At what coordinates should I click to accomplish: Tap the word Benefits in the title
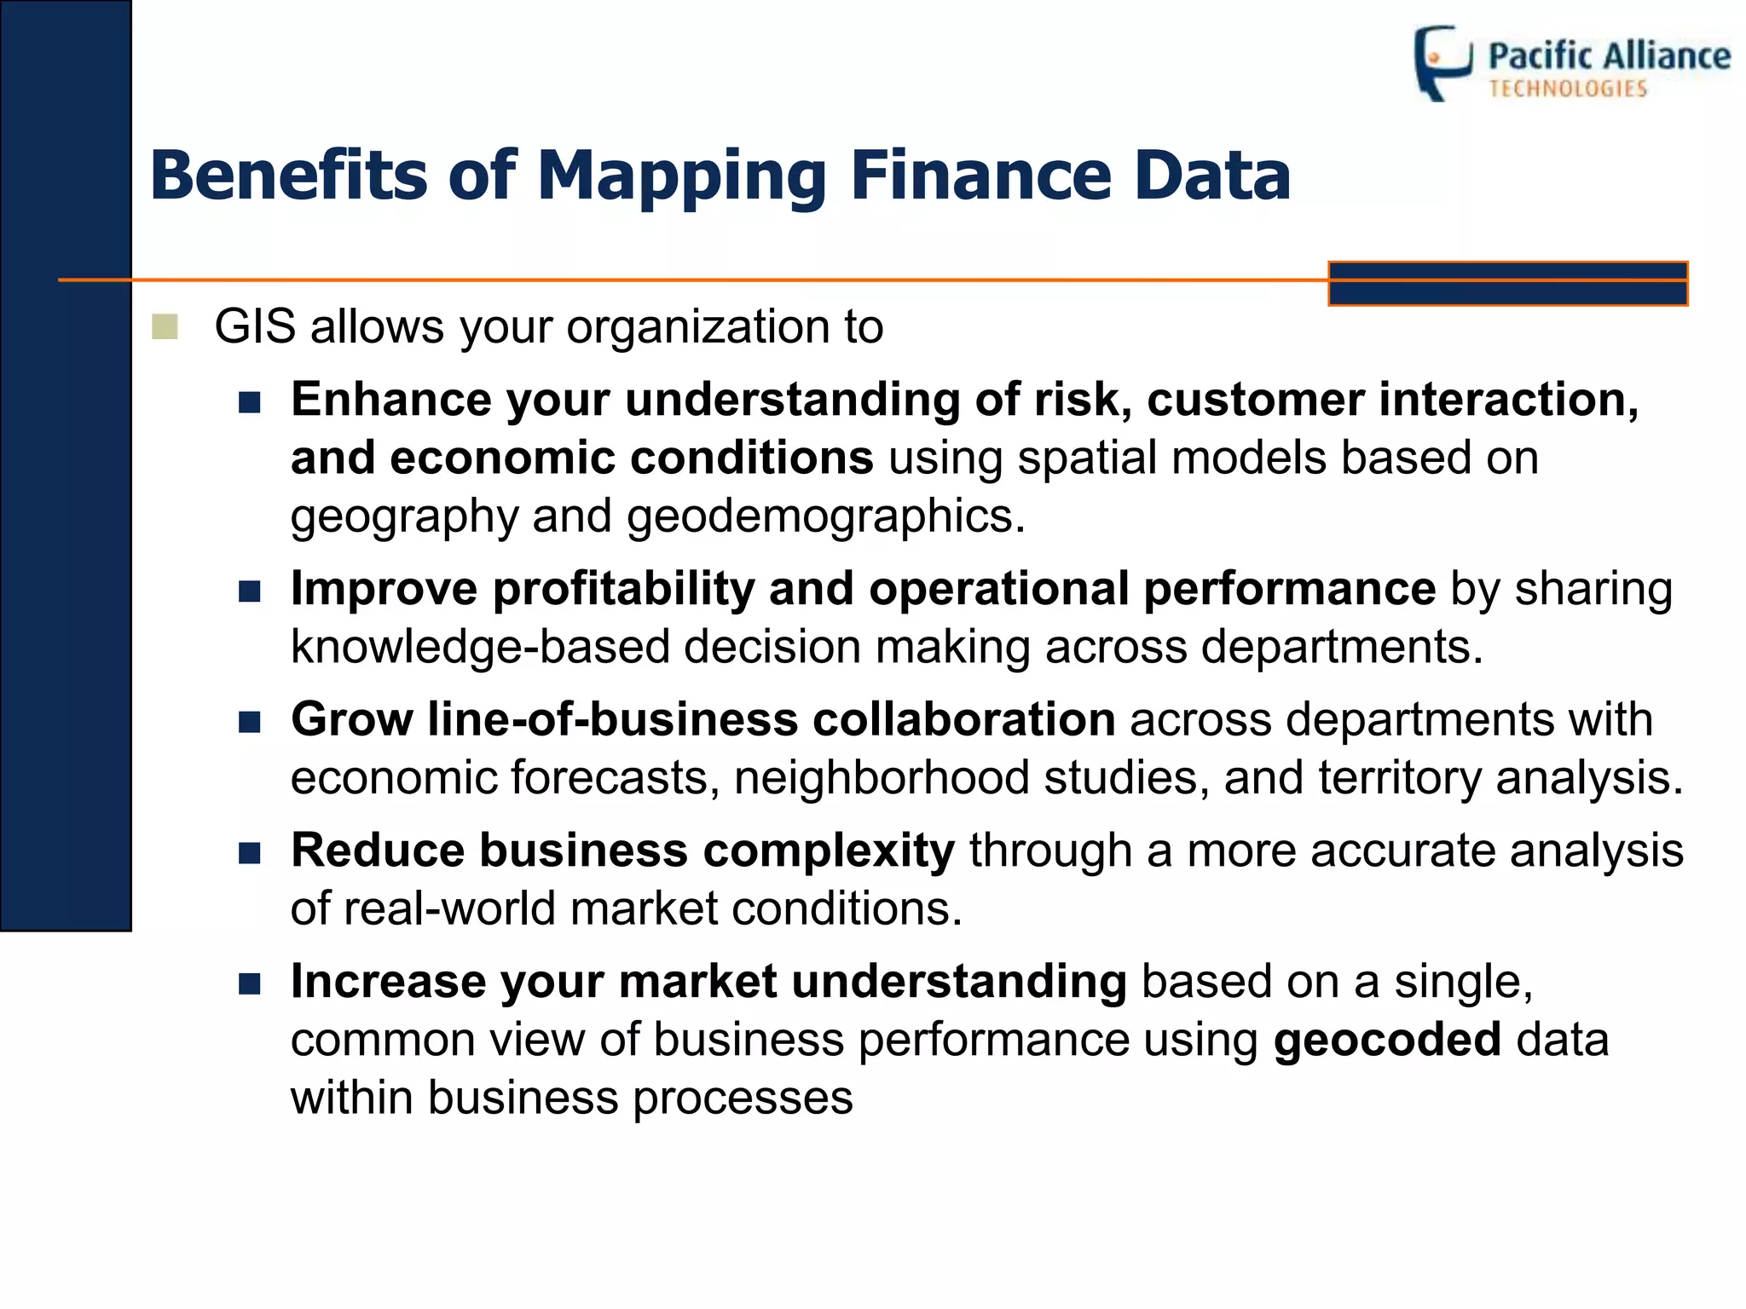288,176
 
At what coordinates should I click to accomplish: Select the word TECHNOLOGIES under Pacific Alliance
1568,89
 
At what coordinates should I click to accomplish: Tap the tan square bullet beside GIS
165,326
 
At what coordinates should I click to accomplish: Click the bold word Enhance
390,400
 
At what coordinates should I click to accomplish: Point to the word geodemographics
825,516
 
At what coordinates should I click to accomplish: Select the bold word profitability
624,589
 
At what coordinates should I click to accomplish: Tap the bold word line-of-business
613,719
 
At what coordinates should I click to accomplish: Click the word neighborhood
882,778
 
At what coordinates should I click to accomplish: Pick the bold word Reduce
378,851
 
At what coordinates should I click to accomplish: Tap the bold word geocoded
1387,1040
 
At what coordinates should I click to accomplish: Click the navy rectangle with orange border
1507,284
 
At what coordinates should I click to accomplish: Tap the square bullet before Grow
249,723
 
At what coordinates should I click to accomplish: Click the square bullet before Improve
249,591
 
